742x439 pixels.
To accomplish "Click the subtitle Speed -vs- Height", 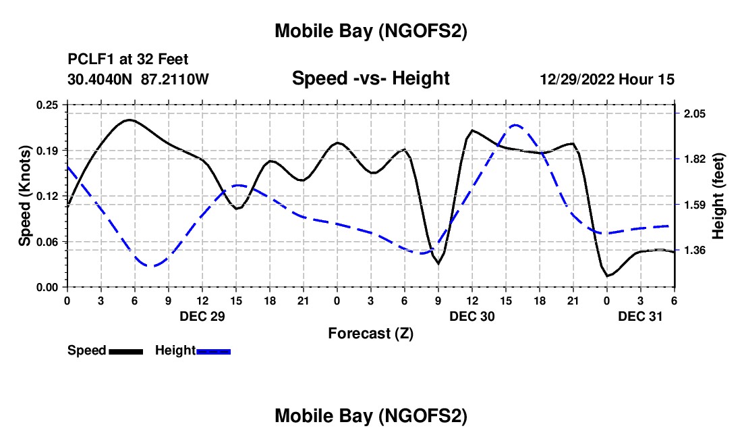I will click(370, 79).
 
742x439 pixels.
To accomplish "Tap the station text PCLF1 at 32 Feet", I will click(128, 59).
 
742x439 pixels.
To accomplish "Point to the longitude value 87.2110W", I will click(175, 79).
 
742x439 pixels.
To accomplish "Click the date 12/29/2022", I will click(577, 79).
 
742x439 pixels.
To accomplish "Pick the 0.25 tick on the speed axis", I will click(49, 105).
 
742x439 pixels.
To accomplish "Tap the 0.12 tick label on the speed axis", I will click(49, 196).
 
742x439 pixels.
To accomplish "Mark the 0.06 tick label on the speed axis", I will click(49, 241).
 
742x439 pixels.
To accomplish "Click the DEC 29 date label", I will click(202, 315).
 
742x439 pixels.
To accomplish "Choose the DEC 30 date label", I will click(472, 315).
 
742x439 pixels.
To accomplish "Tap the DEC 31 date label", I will click(640, 315).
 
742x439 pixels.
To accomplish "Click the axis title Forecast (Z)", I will click(370, 333).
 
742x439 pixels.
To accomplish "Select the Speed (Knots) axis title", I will click(25, 196).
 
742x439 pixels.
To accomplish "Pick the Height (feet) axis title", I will click(718, 196).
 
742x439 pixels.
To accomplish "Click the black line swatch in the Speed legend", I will click(125, 351).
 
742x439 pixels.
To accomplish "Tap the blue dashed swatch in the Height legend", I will click(213, 351).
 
